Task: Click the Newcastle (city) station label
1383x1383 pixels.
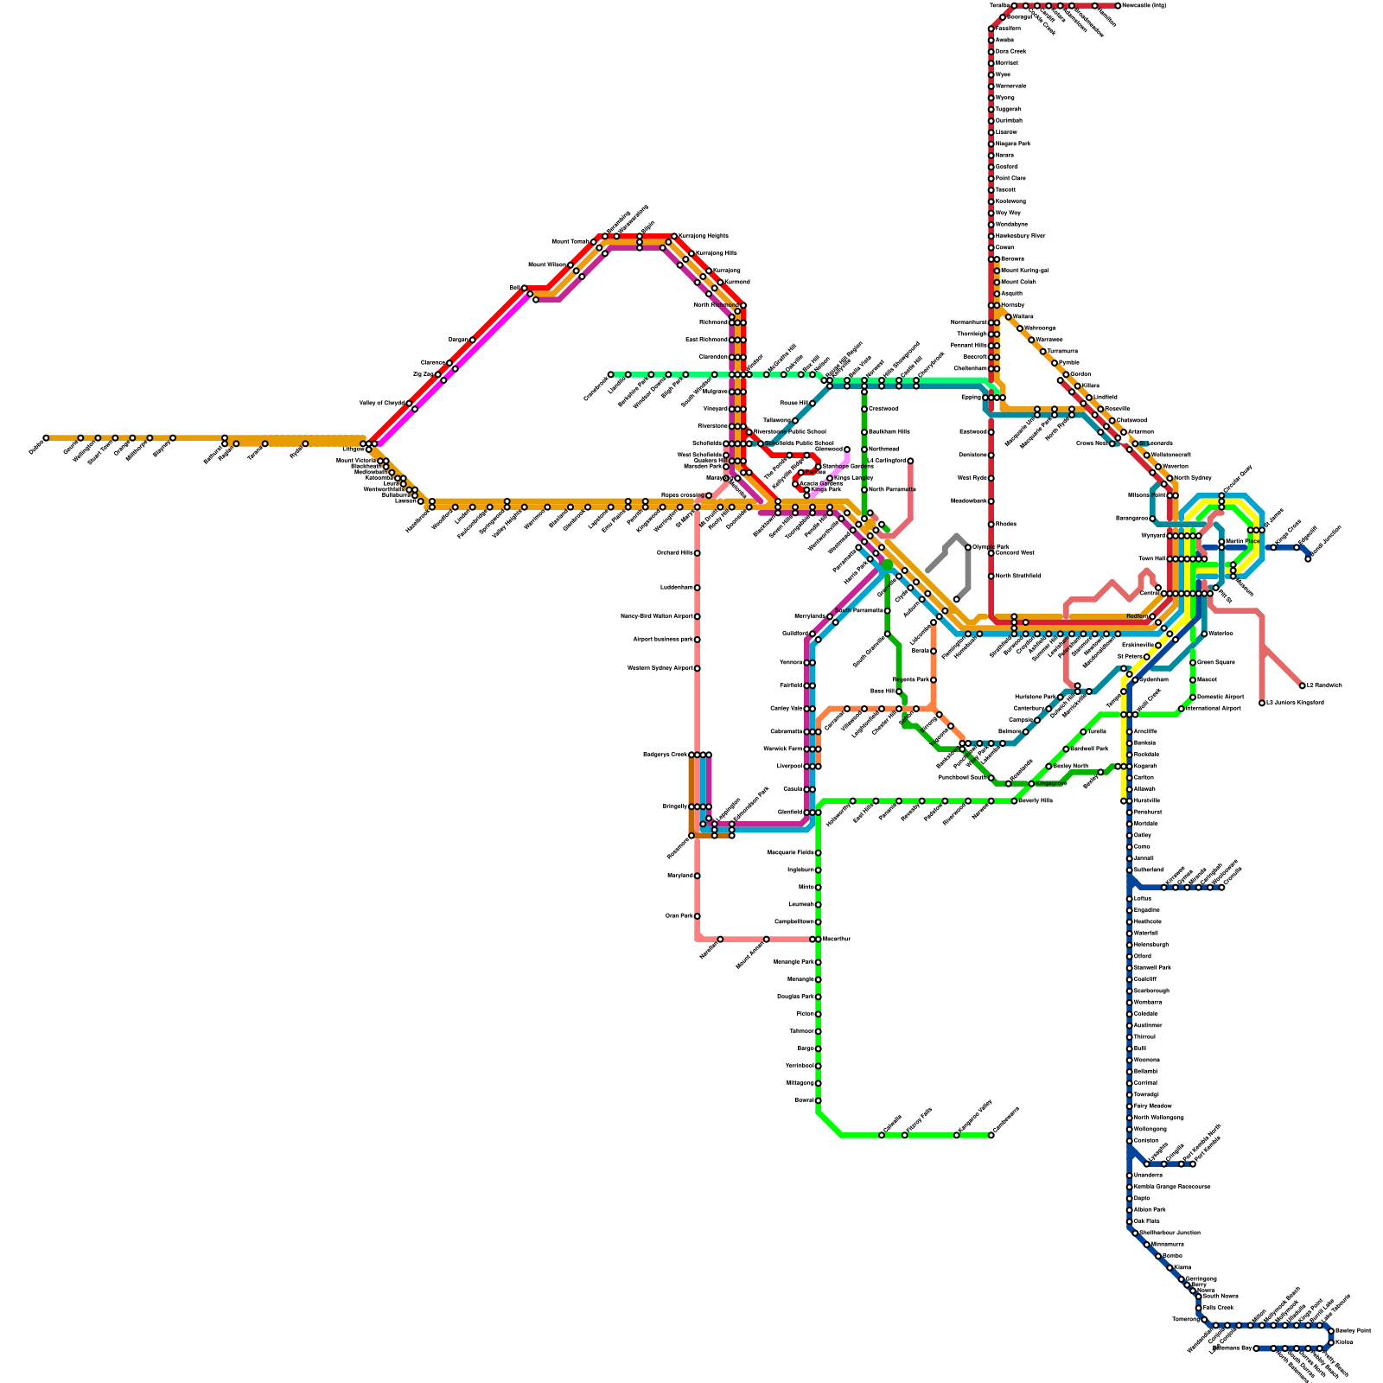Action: [1145, 6]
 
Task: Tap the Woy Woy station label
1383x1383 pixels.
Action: [1008, 213]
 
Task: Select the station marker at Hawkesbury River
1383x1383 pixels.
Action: [991, 236]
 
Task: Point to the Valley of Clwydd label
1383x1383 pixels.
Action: [381, 404]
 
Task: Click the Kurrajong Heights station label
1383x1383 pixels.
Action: [704, 236]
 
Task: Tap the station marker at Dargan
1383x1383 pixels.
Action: [472, 340]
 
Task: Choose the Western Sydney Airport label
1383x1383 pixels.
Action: [664, 668]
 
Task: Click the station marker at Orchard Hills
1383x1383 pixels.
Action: [698, 553]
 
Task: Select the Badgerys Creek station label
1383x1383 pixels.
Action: [665, 755]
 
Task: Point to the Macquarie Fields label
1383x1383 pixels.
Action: [790, 852]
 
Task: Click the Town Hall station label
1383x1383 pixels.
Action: [1151, 559]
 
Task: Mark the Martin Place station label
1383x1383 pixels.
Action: [1242, 542]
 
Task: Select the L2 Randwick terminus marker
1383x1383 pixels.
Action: [1303, 685]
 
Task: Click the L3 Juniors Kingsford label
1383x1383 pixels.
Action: [1294, 703]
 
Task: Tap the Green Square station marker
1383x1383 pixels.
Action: [1193, 663]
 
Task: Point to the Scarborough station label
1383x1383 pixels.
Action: [1151, 991]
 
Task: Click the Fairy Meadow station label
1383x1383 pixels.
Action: [1152, 1106]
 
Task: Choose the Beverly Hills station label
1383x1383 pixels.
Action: [1036, 801]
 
